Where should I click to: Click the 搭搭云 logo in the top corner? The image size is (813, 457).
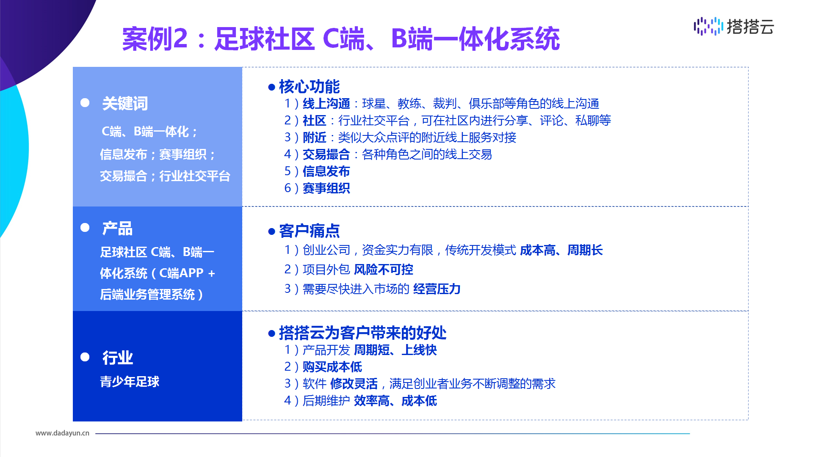(734, 26)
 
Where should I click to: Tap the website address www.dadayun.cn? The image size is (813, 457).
(62, 433)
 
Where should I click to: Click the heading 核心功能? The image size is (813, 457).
(309, 86)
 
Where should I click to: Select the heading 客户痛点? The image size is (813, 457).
(309, 231)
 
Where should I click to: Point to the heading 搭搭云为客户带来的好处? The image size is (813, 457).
(362, 333)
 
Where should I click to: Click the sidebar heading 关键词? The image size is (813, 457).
(125, 103)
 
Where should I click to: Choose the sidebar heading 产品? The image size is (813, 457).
(117, 228)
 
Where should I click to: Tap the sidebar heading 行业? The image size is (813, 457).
(117, 358)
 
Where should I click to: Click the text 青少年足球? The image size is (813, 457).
(130, 382)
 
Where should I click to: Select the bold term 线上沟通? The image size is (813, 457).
(326, 103)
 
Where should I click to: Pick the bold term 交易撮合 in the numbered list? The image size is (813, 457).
(326, 154)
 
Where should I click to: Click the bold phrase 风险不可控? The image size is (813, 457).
(383, 269)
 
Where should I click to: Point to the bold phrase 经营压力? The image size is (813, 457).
(437, 289)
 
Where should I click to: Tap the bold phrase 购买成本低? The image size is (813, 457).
(332, 366)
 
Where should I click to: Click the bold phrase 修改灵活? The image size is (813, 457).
(354, 383)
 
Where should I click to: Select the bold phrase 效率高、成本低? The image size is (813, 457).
(395, 400)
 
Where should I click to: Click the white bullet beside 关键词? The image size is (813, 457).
(85, 103)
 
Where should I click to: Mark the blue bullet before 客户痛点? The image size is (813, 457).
(272, 231)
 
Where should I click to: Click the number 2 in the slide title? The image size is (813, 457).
(180, 39)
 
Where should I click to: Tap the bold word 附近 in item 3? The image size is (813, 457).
(314, 137)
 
